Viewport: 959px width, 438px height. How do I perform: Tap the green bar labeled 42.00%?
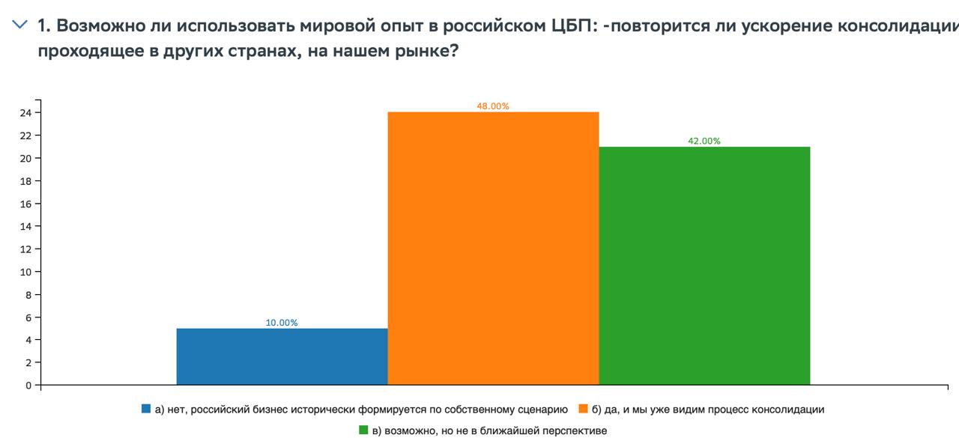click(x=704, y=266)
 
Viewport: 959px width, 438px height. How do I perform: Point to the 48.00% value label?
click(x=493, y=106)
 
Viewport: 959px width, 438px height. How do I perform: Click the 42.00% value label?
click(x=704, y=141)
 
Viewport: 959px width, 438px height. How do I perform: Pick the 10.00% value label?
click(x=282, y=323)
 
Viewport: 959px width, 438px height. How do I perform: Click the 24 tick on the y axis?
click(x=25, y=113)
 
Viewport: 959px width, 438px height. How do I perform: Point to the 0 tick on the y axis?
click(x=28, y=386)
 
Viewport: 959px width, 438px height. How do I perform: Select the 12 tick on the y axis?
click(x=25, y=249)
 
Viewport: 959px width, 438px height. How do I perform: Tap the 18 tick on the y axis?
click(x=25, y=181)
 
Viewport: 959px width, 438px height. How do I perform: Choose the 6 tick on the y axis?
click(x=28, y=317)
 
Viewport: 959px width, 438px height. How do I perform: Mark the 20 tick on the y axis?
click(x=25, y=159)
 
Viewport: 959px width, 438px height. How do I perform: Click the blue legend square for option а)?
click(x=146, y=410)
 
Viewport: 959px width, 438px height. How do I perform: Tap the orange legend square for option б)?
click(x=584, y=410)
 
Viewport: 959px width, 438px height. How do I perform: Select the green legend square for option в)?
click(x=363, y=431)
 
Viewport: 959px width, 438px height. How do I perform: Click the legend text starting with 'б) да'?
click(x=708, y=410)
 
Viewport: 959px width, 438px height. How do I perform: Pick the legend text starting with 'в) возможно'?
click(x=489, y=431)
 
